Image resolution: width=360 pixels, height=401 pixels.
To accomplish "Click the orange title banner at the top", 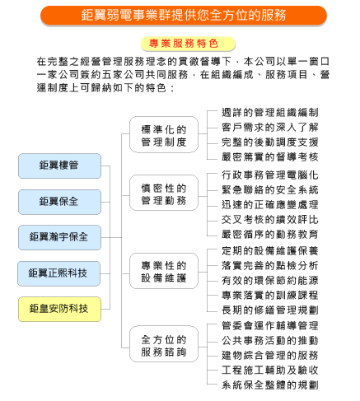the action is (x=184, y=15).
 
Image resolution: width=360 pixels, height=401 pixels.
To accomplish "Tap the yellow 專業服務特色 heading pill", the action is (x=188, y=44).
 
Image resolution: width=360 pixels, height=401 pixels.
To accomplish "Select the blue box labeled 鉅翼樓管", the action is (x=59, y=166).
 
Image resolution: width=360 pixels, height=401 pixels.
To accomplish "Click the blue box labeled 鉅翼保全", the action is (x=59, y=202).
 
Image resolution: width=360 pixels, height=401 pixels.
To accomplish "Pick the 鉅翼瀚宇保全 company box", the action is (x=59, y=237).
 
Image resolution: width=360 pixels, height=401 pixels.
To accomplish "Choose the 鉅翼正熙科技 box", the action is (x=58, y=273).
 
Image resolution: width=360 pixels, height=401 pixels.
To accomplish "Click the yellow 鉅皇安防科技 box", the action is (x=59, y=309).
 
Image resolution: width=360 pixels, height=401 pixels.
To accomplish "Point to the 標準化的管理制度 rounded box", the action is (x=164, y=134).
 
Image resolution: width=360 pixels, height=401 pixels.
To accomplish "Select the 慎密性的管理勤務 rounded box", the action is (x=164, y=193).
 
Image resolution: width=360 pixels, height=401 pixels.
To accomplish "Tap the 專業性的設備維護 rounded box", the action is (x=164, y=271).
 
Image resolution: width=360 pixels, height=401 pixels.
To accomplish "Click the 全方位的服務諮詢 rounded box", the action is (x=164, y=344).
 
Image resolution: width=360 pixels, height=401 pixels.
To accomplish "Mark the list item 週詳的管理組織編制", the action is (x=270, y=113).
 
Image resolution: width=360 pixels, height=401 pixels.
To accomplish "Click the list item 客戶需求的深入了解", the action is (x=270, y=128).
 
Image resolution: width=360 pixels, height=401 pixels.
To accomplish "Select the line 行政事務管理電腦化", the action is (x=270, y=175).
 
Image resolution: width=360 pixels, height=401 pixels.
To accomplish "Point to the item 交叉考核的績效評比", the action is (x=270, y=220).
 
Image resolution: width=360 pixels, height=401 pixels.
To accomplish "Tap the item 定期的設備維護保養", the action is (x=270, y=251).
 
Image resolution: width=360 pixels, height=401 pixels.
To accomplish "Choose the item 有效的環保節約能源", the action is (x=270, y=281).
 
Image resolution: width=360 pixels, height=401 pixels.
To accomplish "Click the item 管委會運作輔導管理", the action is (x=270, y=326).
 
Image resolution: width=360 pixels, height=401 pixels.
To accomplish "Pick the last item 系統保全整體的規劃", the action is (x=270, y=385).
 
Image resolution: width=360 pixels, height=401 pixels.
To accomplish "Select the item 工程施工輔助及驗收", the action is (x=270, y=371).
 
